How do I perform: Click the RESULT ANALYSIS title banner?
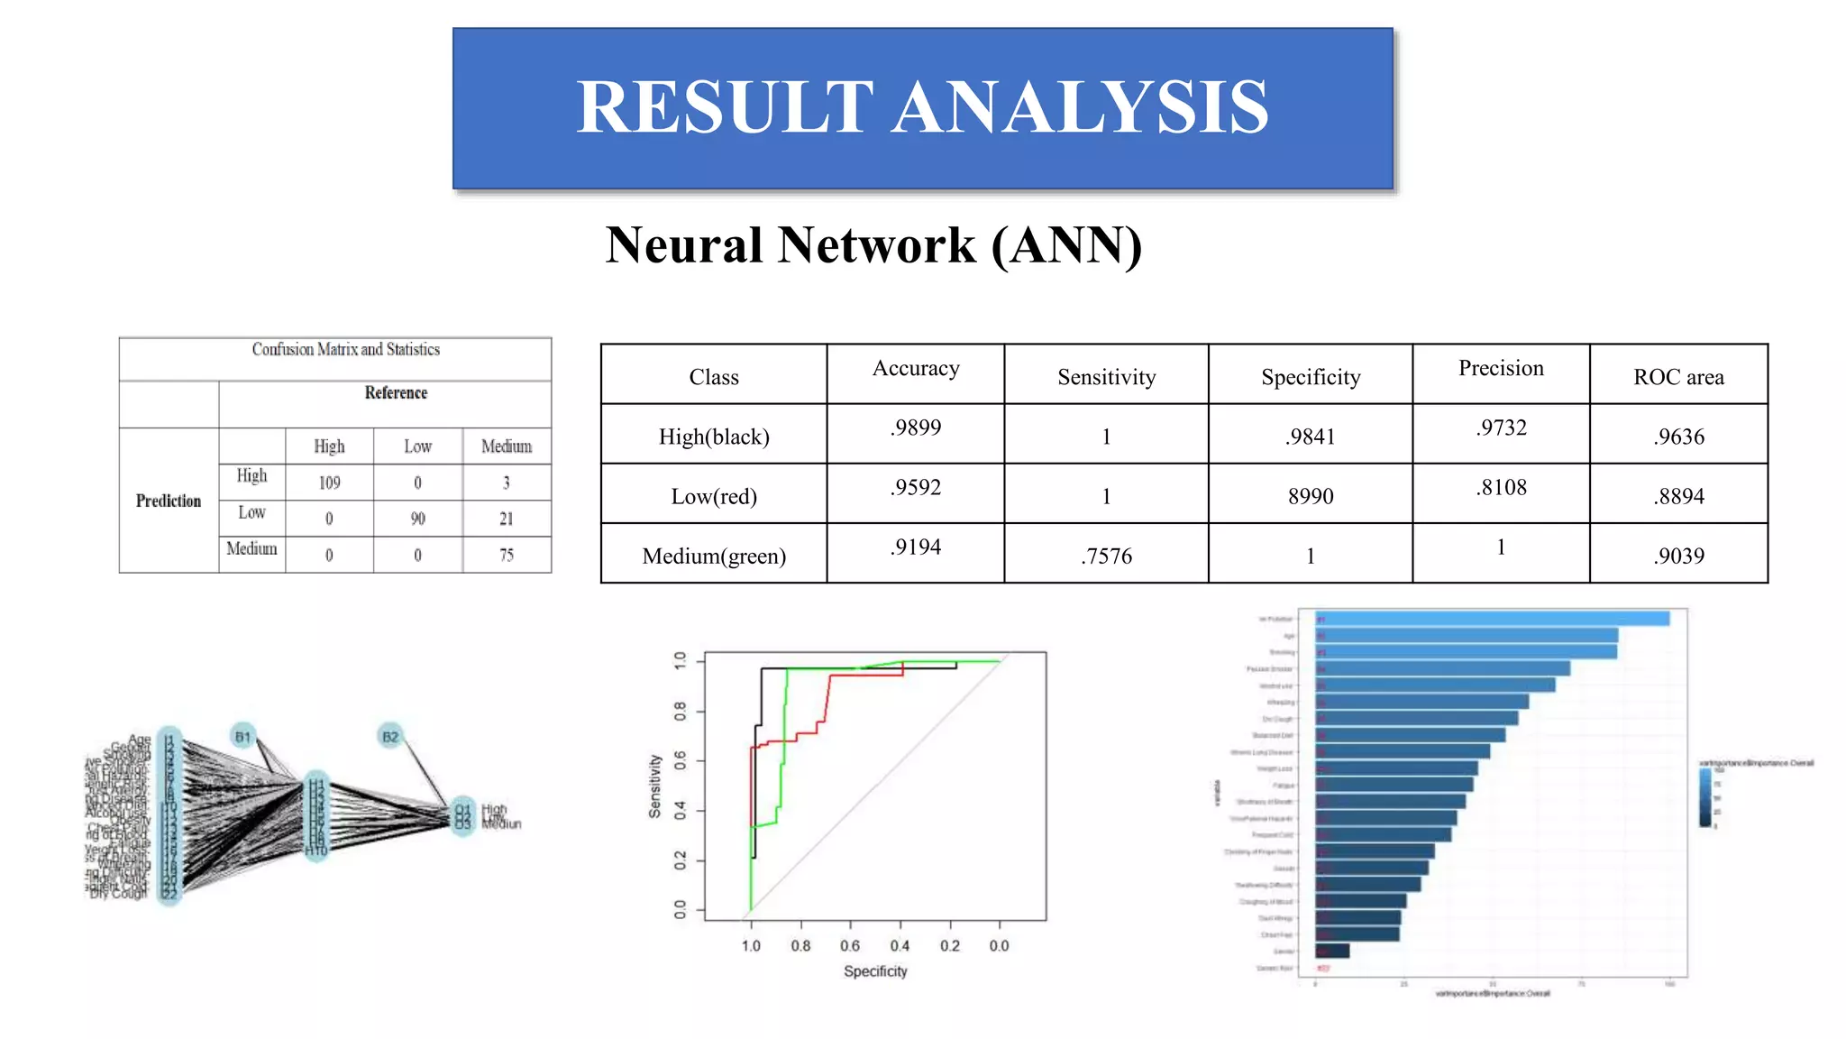[x=922, y=108]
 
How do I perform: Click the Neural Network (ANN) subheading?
[x=873, y=245]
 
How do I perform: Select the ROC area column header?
[x=1678, y=377]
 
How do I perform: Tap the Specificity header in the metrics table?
[x=1310, y=377]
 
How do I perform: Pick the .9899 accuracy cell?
[x=915, y=428]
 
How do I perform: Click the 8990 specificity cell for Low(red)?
[x=1310, y=496]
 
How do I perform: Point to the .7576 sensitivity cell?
[x=1106, y=556]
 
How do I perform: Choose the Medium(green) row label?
[x=714, y=556]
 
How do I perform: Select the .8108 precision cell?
[x=1501, y=487]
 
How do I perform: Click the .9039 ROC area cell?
[x=1678, y=556]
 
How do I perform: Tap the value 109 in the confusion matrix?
[x=329, y=483]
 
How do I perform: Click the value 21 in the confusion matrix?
[x=507, y=519]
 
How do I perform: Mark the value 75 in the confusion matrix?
[x=507, y=555]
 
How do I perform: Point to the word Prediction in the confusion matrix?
[x=169, y=501]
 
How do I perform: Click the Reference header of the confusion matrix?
[x=396, y=392]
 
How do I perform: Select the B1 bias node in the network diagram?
[x=242, y=736]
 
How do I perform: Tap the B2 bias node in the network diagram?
[x=389, y=736]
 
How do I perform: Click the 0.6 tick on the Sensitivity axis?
[x=681, y=761]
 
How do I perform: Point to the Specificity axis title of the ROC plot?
[x=875, y=971]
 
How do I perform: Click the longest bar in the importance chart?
[x=1492, y=619]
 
